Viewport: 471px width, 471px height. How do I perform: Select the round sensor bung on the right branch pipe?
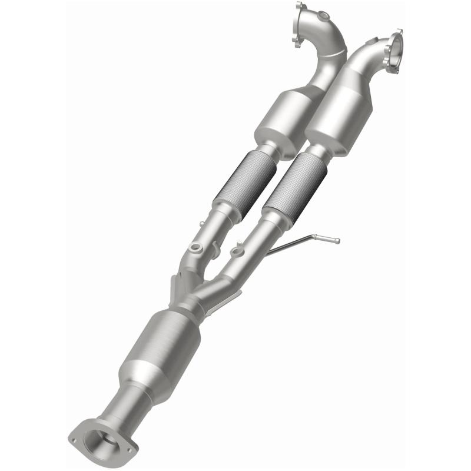pyautogui.click(x=237, y=253)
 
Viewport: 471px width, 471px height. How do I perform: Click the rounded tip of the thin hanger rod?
pyautogui.click(x=336, y=240)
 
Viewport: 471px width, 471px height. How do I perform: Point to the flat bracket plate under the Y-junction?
pyautogui.click(x=177, y=289)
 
